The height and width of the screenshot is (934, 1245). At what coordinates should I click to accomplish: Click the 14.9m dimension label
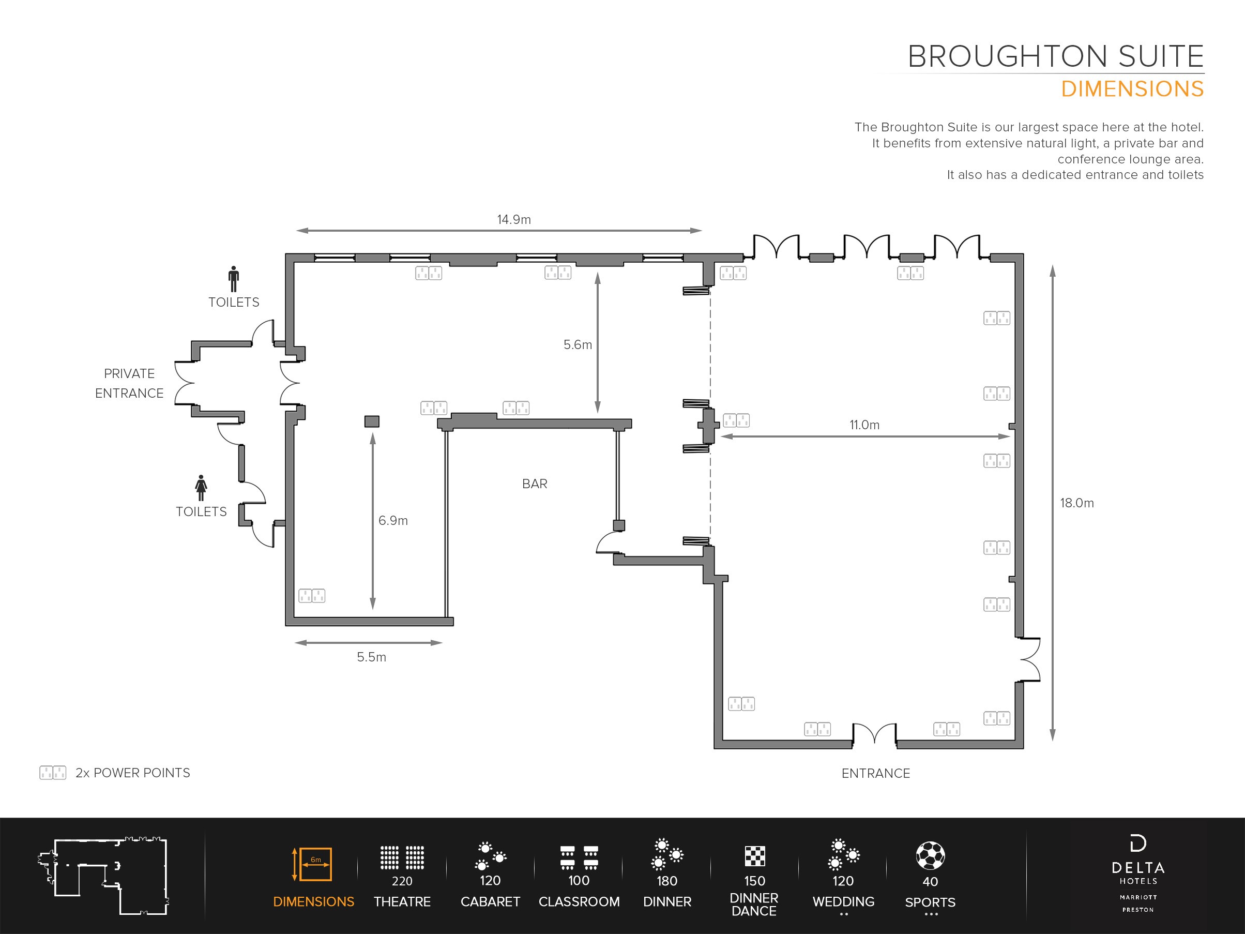(x=514, y=220)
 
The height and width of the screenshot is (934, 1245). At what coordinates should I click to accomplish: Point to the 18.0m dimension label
(x=1077, y=503)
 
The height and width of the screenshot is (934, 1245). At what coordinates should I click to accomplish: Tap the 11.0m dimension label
(x=864, y=425)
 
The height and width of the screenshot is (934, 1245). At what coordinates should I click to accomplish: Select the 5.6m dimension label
(x=578, y=344)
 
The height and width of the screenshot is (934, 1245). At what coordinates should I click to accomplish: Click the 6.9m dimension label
(x=393, y=520)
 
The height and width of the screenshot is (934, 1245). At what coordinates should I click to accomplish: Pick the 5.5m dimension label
(x=371, y=657)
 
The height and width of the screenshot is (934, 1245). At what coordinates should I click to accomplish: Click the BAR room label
(x=535, y=484)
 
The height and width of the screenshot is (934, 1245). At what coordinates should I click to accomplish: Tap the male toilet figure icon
(x=234, y=279)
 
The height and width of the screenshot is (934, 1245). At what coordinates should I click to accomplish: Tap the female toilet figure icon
(x=201, y=488)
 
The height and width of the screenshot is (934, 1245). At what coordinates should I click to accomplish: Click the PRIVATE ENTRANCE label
(x=129, y=383)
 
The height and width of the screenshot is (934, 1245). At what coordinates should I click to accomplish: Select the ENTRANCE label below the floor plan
(x=876, y=773)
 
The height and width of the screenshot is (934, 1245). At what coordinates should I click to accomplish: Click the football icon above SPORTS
(x=930, y=856)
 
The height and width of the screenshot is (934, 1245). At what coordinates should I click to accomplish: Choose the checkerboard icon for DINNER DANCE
(x=755, y=856)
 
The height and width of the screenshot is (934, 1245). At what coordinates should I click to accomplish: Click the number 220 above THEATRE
(x=402, y=881)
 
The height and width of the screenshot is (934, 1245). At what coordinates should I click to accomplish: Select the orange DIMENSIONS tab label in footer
(x=313, y=902)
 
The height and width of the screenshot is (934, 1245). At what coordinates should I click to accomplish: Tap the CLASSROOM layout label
(x=579, y=902)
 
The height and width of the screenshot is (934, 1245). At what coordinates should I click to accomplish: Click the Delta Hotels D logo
(x=1138, y=844)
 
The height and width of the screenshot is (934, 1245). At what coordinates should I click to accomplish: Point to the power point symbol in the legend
(x=53, y=773)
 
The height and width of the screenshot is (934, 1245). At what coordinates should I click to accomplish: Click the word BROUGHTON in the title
(x=1008, y=56)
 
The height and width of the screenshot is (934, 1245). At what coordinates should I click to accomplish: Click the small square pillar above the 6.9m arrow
(x=372, y=421)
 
